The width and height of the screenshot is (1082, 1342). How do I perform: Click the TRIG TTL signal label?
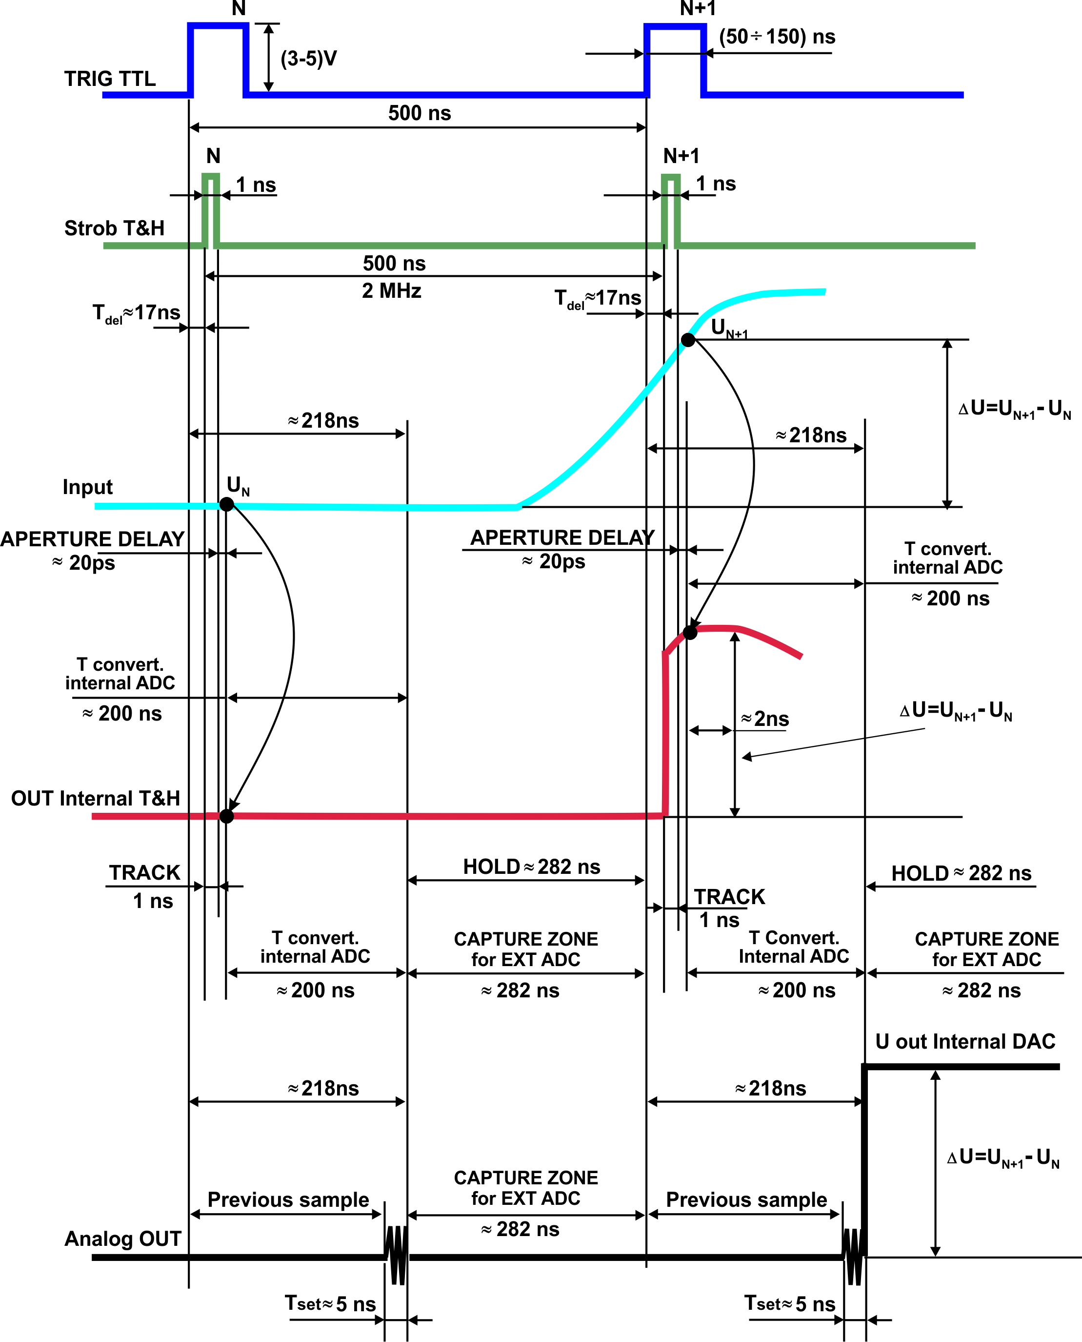tap(110, 79)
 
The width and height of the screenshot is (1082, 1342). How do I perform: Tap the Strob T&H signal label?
tap(114, 228)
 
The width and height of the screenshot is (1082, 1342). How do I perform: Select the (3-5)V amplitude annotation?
tap(308, 59)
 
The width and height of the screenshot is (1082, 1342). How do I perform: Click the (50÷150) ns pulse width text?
tap(777, 37)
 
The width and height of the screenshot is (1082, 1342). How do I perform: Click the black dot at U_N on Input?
tap(227, 504)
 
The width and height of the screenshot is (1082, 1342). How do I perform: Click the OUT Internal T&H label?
tap(95, 798)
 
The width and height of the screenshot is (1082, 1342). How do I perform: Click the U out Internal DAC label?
tap(965, 1041)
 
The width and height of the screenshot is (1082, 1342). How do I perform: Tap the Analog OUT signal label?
tap(123, 1239)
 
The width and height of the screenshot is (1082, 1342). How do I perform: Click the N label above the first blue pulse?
tap(239, 9)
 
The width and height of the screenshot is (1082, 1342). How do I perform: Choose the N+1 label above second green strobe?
tap(681, 156)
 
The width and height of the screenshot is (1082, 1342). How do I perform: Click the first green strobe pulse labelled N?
tap(211, 209)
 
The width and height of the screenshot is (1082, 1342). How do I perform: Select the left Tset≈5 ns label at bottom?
tap(330, 1304)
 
